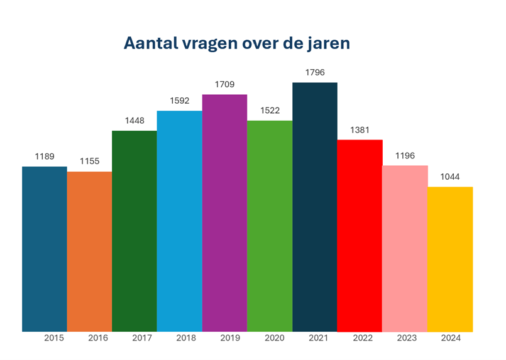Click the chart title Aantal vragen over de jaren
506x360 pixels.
tap(236, 43)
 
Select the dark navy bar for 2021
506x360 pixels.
tap(315, 207)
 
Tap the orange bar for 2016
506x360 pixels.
tap(89, 251)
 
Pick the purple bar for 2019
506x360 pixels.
tap(224, 213)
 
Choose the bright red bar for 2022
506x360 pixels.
tap(360, 236)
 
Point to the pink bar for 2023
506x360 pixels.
tap(405, 248)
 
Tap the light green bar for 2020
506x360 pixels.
tap(270, 226)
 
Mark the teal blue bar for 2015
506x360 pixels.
tap(45, 249)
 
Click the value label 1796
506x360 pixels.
tap(315, 73)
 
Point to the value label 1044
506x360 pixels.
tap(450, 177)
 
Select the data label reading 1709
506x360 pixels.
tap(224, 85)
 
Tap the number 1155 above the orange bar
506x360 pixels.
tap(89, 161)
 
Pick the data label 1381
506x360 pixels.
tap(360, 130)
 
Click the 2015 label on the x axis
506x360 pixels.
tap(54, 338)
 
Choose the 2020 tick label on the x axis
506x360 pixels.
tap(274, 338)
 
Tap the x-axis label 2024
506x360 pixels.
tap(451, 338)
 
